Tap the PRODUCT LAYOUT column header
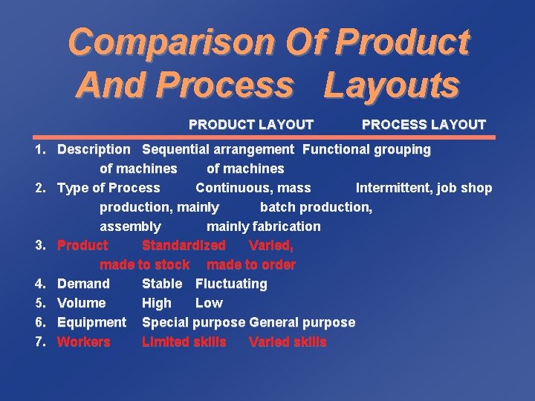pos(251,125)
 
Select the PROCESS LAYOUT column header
pos(424,125)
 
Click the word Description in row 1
pos(94,149)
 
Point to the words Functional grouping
pos(366,149)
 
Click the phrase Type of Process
pos(108,188)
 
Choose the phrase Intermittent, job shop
pos(424,188)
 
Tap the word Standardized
pos(184,245)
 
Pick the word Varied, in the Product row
pos(271,245)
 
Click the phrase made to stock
pos(144,264)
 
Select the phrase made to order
pos(251,264)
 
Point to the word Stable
pos(161,284)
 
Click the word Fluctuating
pos(231,284)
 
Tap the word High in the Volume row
pos(156,303)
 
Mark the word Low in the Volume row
pos(209,303)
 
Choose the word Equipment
pos(91,322)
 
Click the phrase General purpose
pos(302,322)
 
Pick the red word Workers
pos(84,342)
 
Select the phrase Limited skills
pos(184,342)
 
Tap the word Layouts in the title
pos(391,85)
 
